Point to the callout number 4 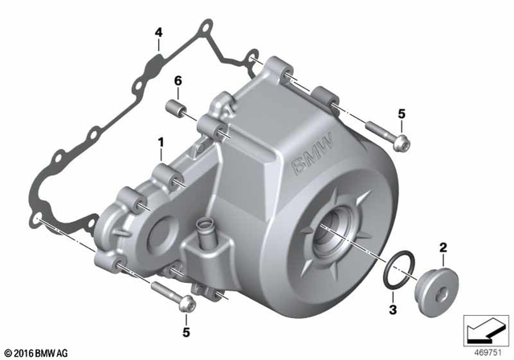click(x=158, y=33)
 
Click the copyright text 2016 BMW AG click(x=39, y=351)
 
